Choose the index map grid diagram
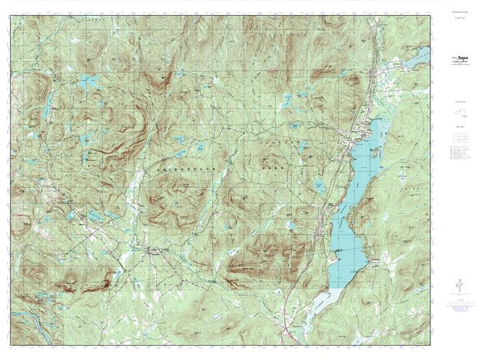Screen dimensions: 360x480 click(458, 136)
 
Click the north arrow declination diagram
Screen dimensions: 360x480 click(458, 287)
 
